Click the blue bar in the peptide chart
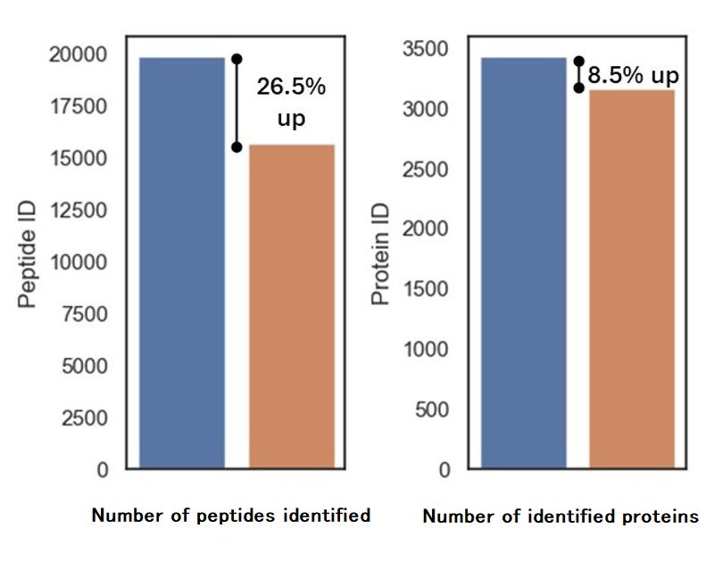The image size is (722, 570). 181,262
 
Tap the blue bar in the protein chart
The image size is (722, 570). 523,262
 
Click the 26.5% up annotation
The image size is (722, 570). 291,103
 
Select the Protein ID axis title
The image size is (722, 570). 382,266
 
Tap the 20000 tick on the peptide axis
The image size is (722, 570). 81,54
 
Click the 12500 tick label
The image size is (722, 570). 81,211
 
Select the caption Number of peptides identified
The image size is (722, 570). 231,515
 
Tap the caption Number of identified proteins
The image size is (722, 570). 560,516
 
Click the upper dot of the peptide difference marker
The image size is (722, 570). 237,59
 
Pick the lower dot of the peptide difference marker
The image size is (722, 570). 237,146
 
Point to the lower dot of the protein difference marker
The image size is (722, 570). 578,87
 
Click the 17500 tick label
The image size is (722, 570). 81,107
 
